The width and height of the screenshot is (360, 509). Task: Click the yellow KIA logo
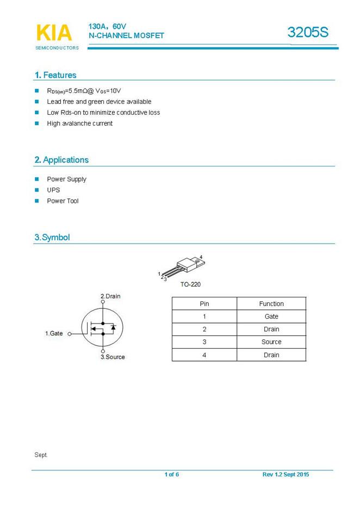(54, 33)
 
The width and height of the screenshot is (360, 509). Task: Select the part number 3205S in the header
(308, 33)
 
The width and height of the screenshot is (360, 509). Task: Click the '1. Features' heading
(55, 75)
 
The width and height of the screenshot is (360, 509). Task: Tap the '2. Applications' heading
(61, 160)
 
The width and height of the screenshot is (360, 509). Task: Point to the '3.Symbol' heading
(52, 237)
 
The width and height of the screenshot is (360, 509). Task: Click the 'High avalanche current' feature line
(79, 123)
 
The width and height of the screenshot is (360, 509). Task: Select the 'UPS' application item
(53, 190)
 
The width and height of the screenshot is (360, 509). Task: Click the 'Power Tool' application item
(63, 201)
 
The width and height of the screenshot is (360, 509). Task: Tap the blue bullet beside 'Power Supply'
(37, 179)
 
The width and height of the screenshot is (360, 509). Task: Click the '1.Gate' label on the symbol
(54, 333)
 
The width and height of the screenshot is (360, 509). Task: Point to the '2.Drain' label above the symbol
(110, 296)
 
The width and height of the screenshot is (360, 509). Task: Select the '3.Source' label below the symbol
(113, 357)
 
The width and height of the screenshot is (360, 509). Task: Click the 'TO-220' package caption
(190, 284)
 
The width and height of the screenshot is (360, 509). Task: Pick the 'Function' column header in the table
(271, 303)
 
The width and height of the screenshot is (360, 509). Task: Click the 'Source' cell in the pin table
(271, 342)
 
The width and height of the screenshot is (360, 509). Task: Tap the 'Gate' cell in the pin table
(271, 316)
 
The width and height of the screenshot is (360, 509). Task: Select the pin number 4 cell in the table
(204, 355)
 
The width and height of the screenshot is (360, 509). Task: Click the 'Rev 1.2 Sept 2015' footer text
(285, 475)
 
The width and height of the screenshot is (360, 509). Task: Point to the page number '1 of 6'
(172, 475)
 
